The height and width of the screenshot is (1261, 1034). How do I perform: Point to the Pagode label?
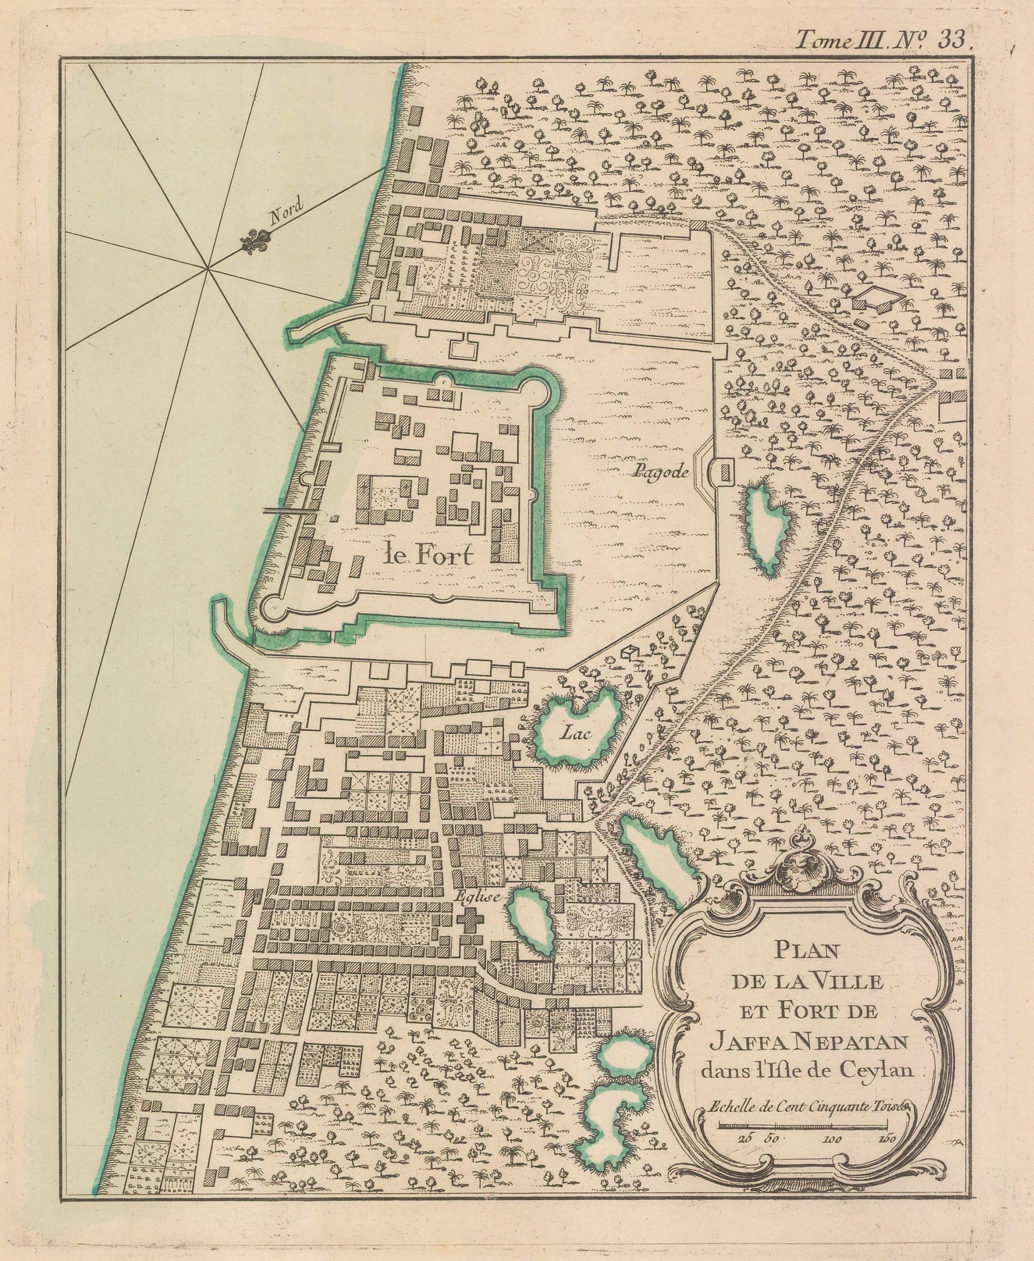coord(661,472)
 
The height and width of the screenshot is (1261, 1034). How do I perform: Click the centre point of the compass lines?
coord(208,270)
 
